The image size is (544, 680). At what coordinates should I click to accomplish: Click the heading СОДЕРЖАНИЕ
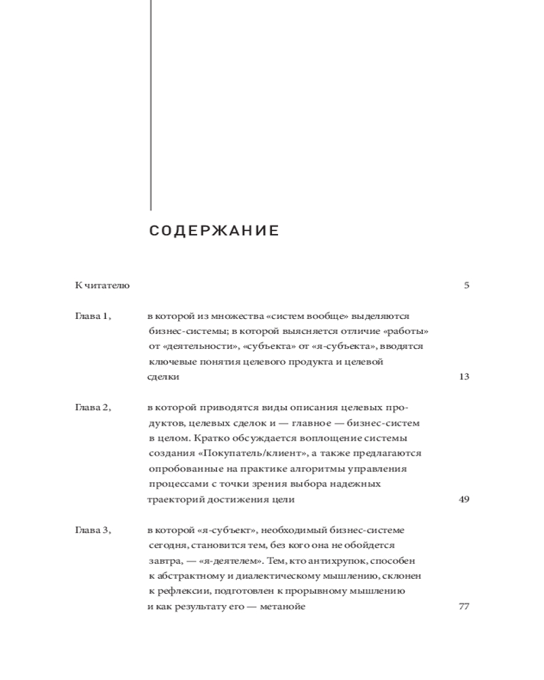214,231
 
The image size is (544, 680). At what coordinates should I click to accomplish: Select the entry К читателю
102,285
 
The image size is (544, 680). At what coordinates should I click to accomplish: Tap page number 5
466,285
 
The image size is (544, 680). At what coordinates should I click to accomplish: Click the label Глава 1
92,316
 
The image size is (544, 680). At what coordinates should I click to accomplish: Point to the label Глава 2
92,407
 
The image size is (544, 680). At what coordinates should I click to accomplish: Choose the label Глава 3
92,530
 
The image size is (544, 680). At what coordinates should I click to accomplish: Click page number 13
464,377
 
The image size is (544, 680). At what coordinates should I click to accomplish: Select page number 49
464,499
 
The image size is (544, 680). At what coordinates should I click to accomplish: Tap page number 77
464,607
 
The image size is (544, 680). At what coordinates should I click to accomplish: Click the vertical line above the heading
150,102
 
